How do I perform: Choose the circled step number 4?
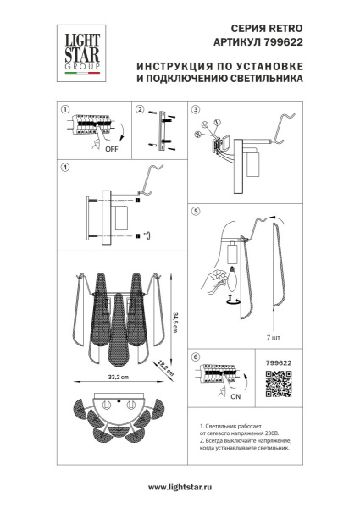click(x=64, y=168)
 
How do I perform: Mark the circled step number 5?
click(x=196, y=210)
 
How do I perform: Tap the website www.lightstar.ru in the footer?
click(x=180, y=488)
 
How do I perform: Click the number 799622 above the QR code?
click(x=278, y=362)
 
